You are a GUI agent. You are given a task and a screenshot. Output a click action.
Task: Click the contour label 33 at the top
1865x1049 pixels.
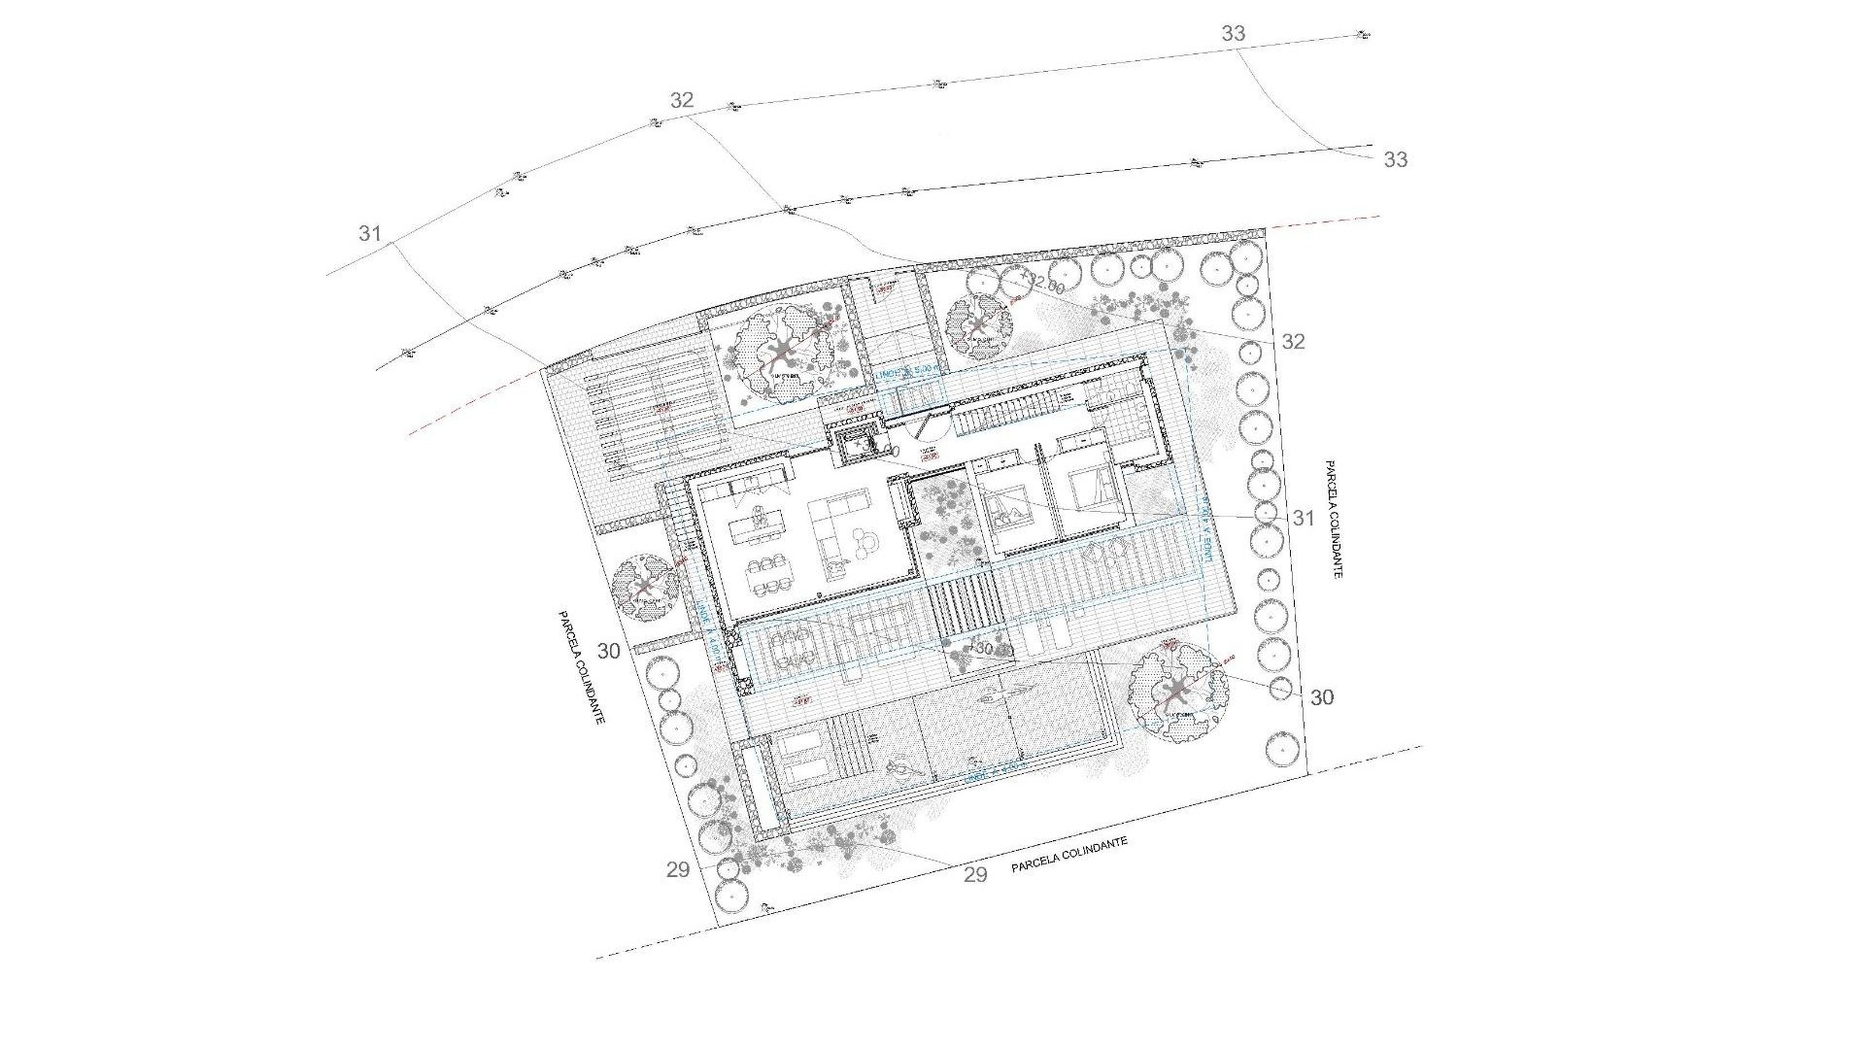[x=1233, y=33]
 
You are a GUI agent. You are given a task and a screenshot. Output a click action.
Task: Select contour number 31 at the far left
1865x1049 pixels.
[x=369, y=234]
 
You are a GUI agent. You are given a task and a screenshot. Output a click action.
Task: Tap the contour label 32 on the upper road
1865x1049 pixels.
[x=682, y=100]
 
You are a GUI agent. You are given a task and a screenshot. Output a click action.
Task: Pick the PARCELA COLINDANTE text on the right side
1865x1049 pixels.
[x=1332, y=520]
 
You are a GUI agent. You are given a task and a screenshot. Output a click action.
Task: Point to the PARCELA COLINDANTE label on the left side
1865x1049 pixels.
[x=582, y=666]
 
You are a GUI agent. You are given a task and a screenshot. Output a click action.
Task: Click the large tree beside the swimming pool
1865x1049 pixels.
[x=1177, y=691]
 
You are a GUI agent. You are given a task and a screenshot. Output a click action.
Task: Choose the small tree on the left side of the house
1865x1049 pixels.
[x=645, y=587]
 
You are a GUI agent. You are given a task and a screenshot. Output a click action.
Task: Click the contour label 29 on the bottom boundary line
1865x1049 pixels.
[x=975, y=874]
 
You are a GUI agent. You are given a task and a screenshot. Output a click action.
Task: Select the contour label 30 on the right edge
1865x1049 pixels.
[x=1322, y=697]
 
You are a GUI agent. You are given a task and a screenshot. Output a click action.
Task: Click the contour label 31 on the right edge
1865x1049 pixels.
[x=1303, y=519]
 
